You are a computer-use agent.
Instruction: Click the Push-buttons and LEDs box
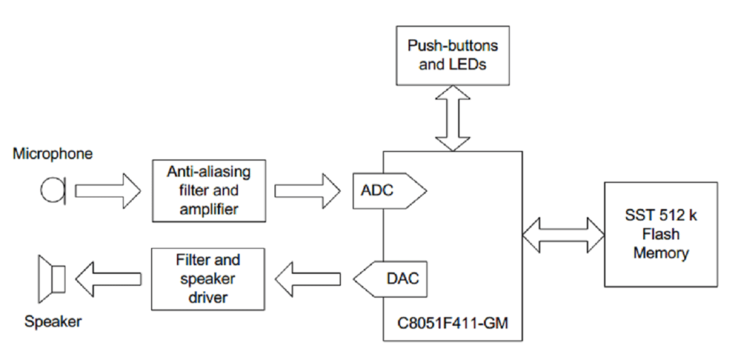pyautogui.click(x=452, y=56)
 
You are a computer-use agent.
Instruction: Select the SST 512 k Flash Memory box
pyautogui.click(x=660, y=234)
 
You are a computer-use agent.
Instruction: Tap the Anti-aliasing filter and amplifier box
pyautogui.click(x=208, y=191)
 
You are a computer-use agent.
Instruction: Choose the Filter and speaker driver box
pyautogui.click(x=208, y=279)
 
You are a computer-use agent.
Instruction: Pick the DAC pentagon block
pyautogui.click(x=391, y=279)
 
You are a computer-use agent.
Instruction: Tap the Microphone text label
pyautogui.click(x=53, y=154)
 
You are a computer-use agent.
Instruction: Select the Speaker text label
pyautogui.click(x=53, y=321)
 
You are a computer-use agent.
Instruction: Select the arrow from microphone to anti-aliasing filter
pyautogui.click(x=107, y=190)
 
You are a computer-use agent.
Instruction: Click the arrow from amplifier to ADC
pyautogui.click(x=307, y=190)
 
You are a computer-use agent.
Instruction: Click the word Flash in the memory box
pyautogui.click(x=660, y=234)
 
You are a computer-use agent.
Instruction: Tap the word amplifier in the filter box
pyautogui.click(x=208, y=209)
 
